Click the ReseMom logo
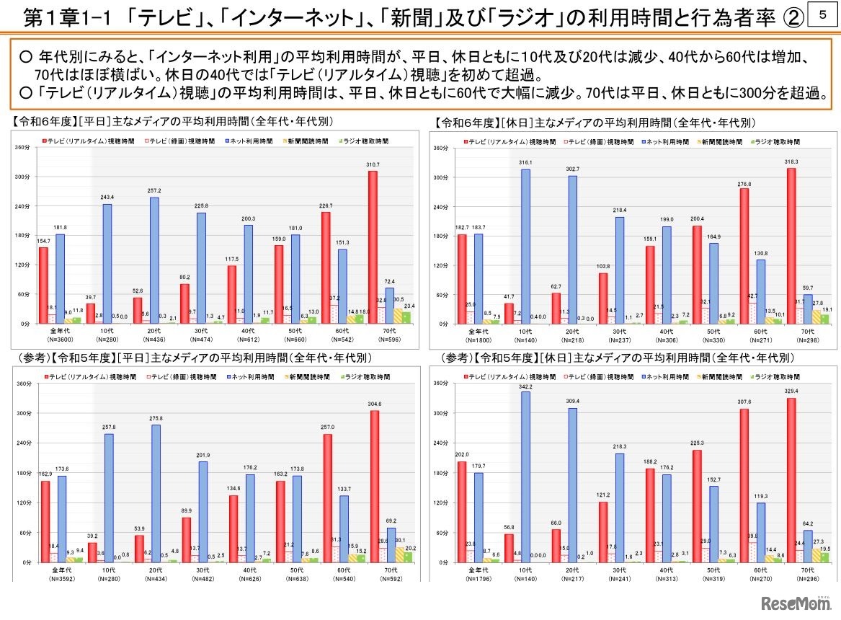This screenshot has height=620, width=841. click(x=797, y=602)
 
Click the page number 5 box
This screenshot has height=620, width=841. click(x=823, y=15)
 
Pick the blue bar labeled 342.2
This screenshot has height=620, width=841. click(x=525, y=477)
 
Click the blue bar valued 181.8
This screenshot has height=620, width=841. click(x=60, y=279)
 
